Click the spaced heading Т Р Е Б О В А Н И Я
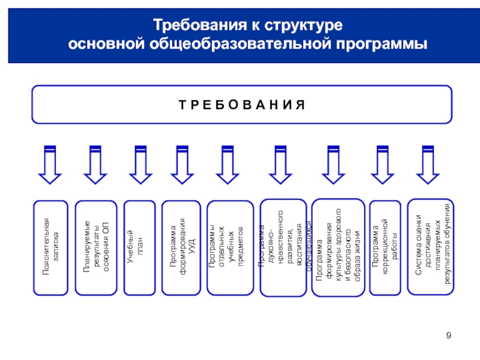242,104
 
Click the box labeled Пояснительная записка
50,247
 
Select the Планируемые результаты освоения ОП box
96,247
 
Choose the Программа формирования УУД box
182,247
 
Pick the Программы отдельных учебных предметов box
226,247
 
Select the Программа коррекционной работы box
385,247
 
